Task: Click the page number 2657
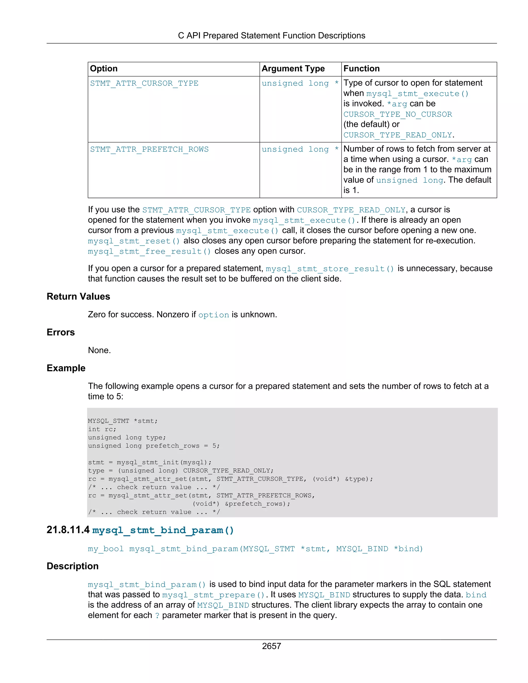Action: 271,646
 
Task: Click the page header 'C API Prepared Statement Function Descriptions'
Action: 271,36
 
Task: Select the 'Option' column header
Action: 104,69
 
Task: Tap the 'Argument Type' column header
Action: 293,69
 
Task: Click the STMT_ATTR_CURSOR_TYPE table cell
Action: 144,84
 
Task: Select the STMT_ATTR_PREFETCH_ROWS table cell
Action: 149,149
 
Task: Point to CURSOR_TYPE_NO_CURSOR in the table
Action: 398,114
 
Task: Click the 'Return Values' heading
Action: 78,296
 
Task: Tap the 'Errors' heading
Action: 61,332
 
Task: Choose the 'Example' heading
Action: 66,368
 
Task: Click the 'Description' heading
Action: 72,566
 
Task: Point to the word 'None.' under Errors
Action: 99,350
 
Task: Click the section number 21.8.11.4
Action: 68,530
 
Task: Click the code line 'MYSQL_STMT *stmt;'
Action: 123,421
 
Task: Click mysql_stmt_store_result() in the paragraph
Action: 330,269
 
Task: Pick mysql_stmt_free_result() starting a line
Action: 149,252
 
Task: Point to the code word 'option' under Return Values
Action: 214,315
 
